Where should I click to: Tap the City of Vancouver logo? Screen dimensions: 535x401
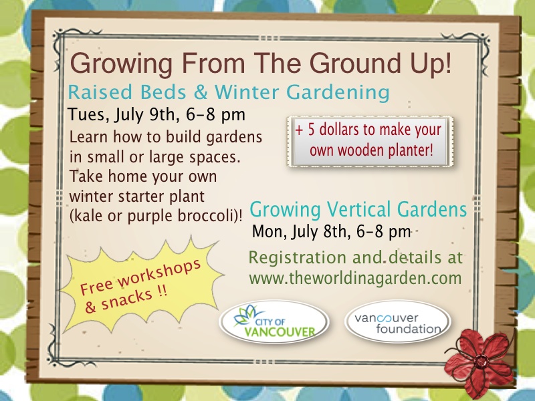pos(274,321)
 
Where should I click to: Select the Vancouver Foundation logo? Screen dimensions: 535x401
pos(397,321)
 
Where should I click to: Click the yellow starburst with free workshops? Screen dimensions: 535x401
pos(142,284)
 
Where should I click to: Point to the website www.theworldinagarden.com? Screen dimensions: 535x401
pos(355,278)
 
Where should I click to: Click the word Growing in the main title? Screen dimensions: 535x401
pos(121,63)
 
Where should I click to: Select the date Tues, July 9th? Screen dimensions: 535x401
pos(122,114)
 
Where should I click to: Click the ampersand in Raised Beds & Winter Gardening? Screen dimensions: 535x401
pos(200,92)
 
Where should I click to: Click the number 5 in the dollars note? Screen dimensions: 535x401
pos(311,130)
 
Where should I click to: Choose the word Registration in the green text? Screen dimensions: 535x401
pos(298,257)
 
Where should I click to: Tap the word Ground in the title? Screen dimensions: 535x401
pos(355,63)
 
